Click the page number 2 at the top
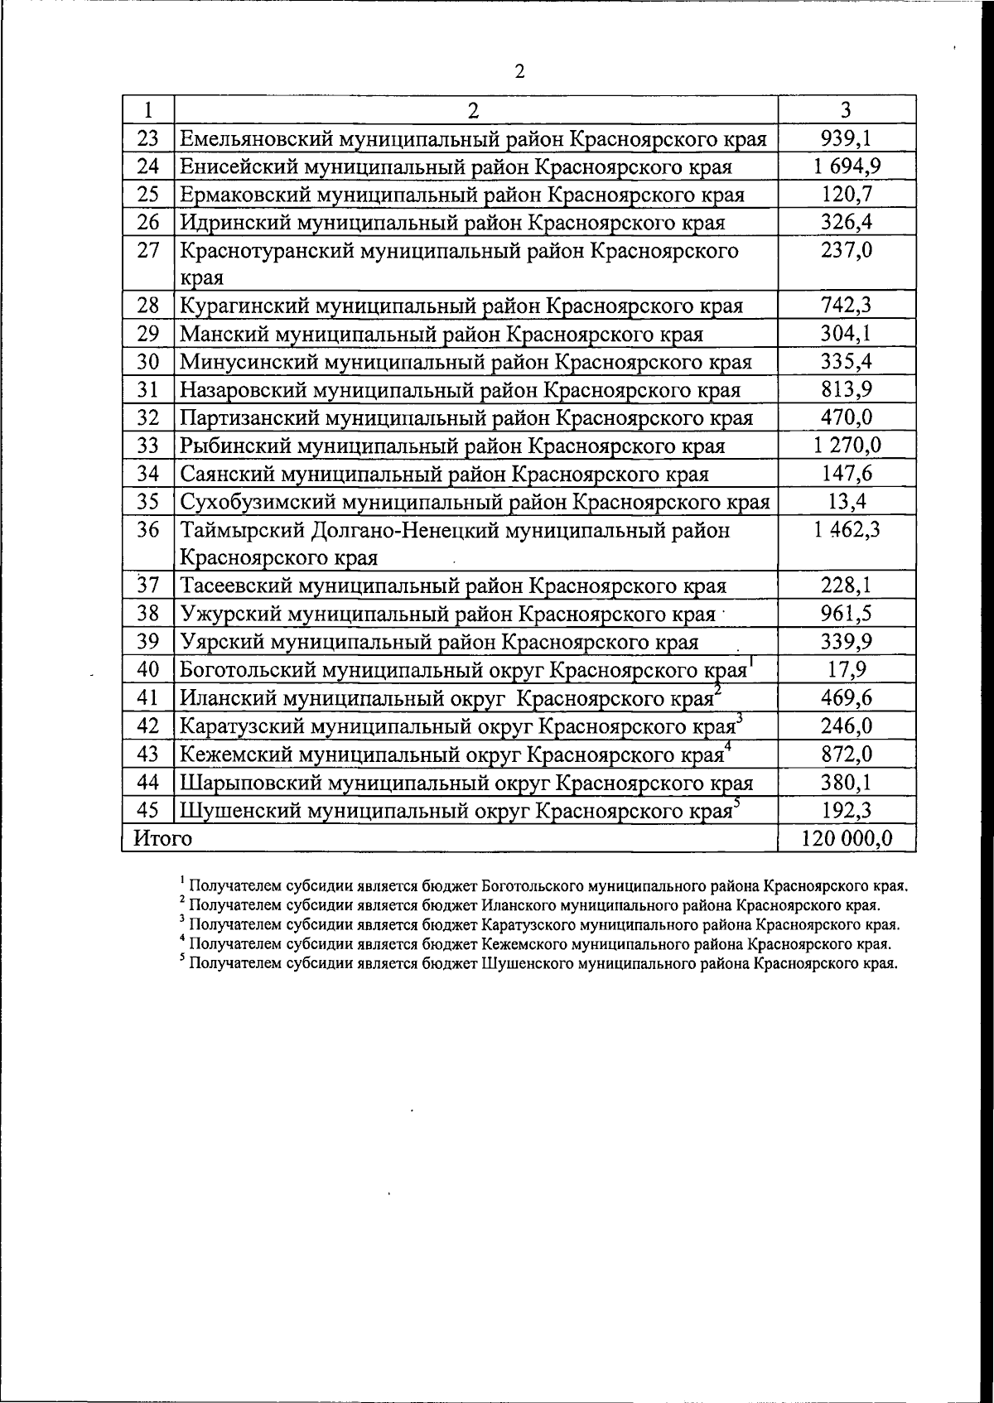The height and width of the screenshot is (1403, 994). (519, 71)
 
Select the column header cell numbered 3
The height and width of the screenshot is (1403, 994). (846, 110)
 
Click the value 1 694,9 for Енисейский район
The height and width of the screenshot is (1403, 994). (847, 166)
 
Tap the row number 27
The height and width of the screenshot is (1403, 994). (148, 251)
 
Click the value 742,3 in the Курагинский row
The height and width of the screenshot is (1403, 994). (846, 306)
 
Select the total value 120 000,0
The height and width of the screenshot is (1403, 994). (847, 838)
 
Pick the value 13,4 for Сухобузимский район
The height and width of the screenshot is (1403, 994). (847, 502)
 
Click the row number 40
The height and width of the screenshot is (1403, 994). (148, 670)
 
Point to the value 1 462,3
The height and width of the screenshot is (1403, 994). (847, 530)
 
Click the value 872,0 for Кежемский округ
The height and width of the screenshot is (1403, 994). (847, 755)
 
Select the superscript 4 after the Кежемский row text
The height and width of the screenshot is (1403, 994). (726, 746)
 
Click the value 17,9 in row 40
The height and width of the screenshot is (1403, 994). (847, 670)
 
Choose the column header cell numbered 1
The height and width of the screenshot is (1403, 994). (148, 110)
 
